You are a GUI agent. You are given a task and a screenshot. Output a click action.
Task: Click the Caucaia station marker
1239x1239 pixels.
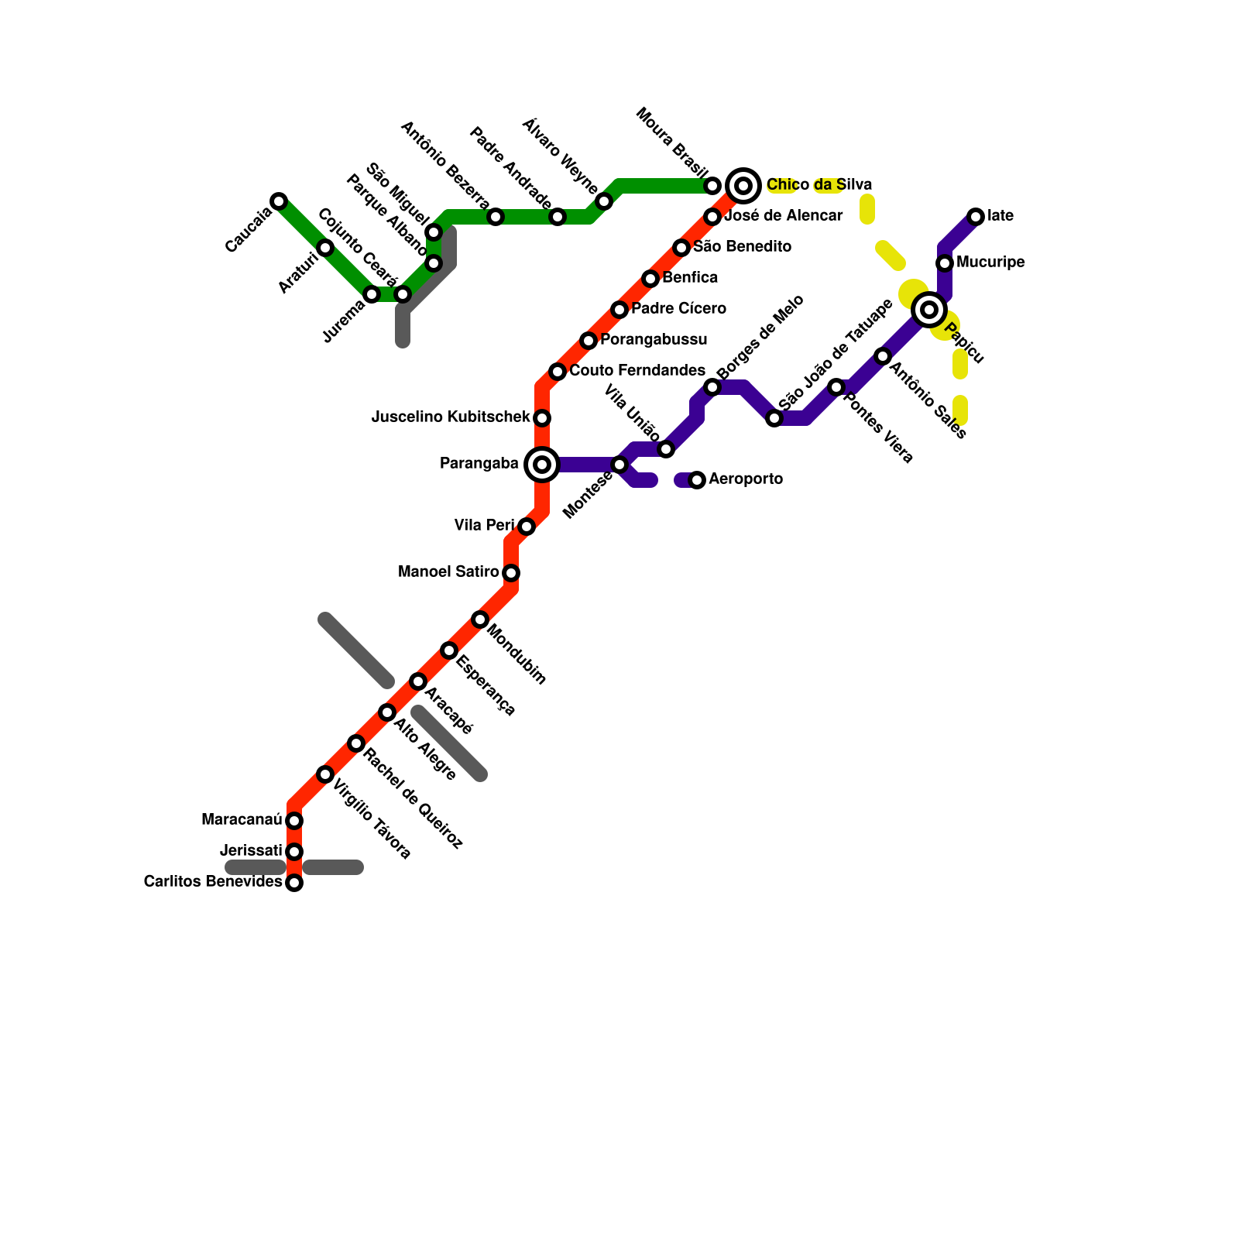pos(279,201)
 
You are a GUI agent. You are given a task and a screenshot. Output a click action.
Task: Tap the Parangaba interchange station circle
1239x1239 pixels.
pos(542,465)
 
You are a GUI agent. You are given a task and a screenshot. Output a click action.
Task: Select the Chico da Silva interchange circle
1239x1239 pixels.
pos(743,186)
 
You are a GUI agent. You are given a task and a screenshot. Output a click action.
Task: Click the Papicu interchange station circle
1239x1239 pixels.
pos(929,310)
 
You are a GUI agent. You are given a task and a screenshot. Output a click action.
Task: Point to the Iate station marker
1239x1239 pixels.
pos(976,217)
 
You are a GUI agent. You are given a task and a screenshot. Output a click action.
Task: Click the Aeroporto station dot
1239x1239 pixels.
pos(697,480)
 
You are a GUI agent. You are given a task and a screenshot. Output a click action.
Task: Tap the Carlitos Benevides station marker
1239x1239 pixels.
pos(294,883)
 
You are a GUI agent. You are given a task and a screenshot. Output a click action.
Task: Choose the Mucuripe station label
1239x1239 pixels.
pos(990,263)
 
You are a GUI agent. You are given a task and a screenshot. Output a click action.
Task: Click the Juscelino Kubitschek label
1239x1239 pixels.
pos(451,417)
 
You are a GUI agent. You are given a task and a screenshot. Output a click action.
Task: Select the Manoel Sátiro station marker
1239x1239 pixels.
pos(511,573)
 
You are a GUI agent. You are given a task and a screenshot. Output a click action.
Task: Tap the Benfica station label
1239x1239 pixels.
pos(690,278)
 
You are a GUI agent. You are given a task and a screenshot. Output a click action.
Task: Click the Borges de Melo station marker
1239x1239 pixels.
pos(712,387)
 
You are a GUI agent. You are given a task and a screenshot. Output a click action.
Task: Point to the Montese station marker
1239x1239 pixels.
pos(619,465)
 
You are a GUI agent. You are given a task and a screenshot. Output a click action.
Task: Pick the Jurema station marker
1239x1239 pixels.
pos(372,294)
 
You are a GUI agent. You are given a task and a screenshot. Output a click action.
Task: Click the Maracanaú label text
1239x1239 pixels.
pos(241,820)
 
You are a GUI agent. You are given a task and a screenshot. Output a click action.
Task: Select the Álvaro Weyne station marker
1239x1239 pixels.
pos(604,201)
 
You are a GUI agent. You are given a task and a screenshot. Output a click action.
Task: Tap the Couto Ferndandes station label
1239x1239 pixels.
pos(637,371)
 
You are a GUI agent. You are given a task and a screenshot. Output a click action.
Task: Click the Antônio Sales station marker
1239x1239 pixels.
pos(883,356)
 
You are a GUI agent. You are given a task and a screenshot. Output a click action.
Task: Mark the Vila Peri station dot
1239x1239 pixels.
pos(527,527)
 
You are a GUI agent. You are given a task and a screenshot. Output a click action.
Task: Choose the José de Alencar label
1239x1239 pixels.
pos(783,216)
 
